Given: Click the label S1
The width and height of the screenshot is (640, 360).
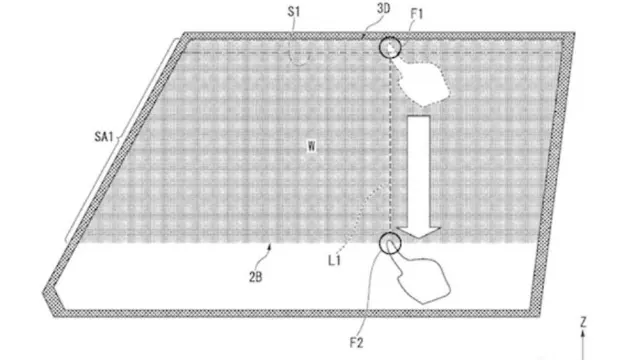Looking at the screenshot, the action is coord(294,11).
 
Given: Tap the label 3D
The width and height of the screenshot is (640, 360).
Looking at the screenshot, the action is coord(383,8).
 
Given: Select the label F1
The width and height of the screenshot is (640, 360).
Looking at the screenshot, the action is coord(417,14).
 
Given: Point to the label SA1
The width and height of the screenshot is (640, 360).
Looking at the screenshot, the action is coord(104,136).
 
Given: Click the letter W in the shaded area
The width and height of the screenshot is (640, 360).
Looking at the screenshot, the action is coord(311,146).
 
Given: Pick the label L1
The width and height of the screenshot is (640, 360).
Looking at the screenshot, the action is coord(334,260).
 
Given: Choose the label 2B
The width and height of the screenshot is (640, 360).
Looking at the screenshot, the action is coord(256,277).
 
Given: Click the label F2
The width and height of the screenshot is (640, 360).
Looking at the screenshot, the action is coord(356,343).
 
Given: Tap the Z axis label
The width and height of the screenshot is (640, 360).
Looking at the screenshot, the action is coord(583,322).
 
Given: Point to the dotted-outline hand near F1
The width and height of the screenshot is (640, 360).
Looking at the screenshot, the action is coord(420,80).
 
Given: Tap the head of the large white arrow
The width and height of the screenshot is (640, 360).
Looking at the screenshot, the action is coord(419,232).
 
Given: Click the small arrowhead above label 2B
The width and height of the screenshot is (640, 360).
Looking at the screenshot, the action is coord(269,246).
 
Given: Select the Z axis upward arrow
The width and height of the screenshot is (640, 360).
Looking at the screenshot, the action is coord(583,345).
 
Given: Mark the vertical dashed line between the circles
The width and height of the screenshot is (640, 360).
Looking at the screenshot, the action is coord(391,145).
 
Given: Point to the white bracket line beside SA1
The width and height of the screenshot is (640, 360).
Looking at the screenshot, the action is coord(121,140).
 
